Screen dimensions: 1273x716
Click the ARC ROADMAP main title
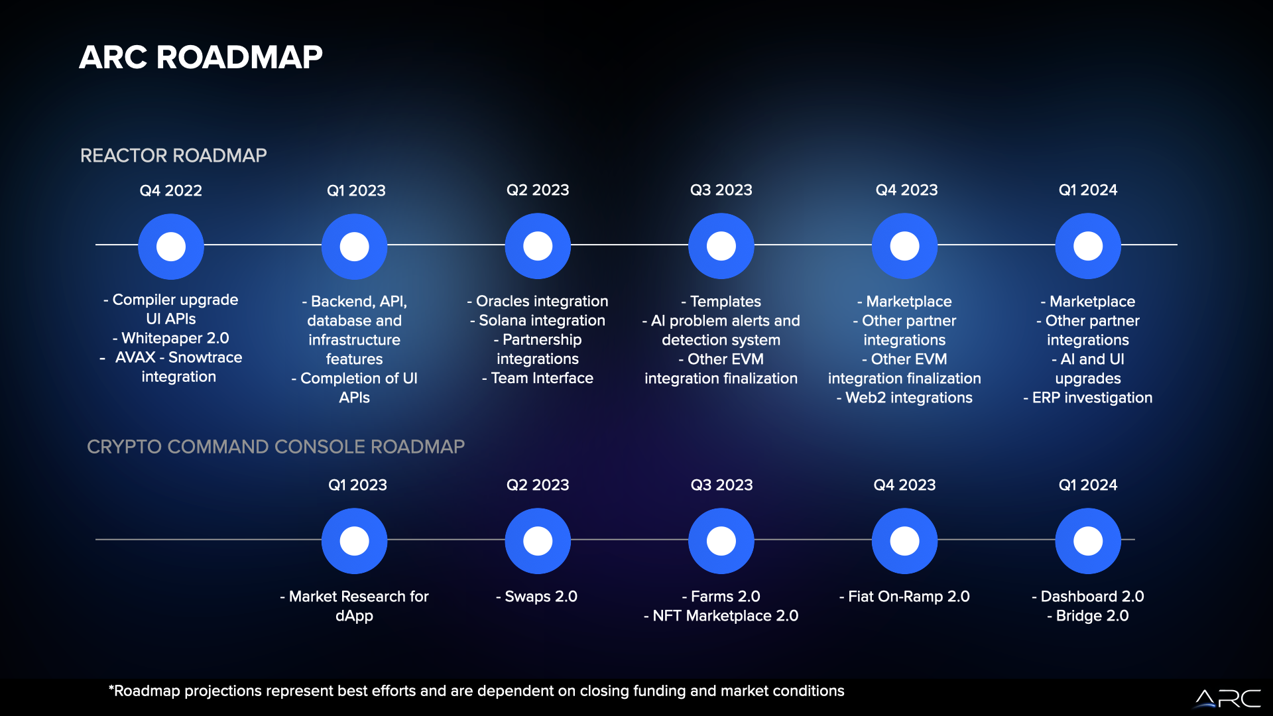tap(201, 57)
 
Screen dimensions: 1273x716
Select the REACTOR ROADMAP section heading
tap(174, 156)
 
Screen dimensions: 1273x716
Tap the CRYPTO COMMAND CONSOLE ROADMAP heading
tap(276, 447)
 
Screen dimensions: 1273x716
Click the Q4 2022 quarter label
tap(171, 191)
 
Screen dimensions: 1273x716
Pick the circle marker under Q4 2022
tap(171, 247)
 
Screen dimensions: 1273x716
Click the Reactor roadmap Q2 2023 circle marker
tap(538, 246)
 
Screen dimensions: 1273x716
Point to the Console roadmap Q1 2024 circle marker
tap(1088, 541)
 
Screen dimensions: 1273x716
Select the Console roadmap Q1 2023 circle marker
tap(355, 541)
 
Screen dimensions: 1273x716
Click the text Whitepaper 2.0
tap(176, 338)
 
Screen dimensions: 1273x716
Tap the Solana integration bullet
tap(538, 321)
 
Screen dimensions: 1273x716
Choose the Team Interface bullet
tap(538, 379)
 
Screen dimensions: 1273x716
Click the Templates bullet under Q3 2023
tap(721, 302)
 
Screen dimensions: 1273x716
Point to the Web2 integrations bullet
tap(904, 398)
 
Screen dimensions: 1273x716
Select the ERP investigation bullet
tap(1088, 398)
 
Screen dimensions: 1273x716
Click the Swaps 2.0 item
tap(537, 597)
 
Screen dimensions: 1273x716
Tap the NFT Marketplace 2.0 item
tap(721, 616)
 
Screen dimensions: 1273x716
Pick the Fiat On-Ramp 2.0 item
tap(904, 597)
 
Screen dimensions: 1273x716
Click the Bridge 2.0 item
tap(1088, 616)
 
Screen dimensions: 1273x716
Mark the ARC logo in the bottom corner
tap(1228, 699)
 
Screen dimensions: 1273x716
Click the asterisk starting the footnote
tap(111, 688)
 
